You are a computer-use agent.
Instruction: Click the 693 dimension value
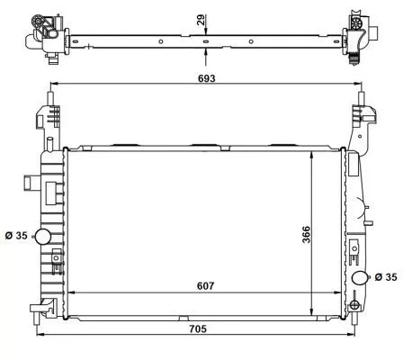206,79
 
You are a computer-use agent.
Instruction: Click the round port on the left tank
41,237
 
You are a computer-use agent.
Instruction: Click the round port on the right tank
360,277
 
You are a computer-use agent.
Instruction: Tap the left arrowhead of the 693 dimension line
52,87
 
